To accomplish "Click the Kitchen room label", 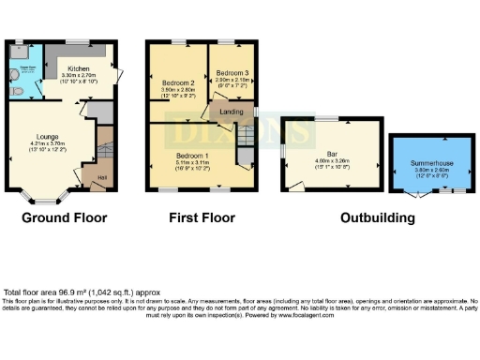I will tap(79, 68).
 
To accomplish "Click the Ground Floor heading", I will tap(65, 218).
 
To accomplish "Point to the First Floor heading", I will tap(202, 218).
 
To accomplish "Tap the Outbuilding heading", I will tap(377, 218).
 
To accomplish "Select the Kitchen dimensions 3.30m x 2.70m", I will tap(79, 76).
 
